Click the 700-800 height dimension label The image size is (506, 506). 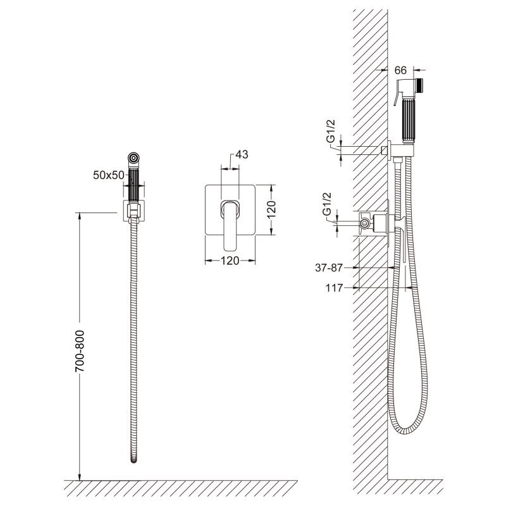[80, 351]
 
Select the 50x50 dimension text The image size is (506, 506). [108, 175]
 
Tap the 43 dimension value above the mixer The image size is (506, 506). [242, 154]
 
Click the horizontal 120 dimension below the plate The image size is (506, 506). [230, 261]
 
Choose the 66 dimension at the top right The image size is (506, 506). [400, 70]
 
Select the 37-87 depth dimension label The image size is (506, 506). [328, 268]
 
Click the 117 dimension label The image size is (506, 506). [334, 288]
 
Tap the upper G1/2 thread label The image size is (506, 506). [331, 132]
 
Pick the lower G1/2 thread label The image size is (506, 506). [326, 204]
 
